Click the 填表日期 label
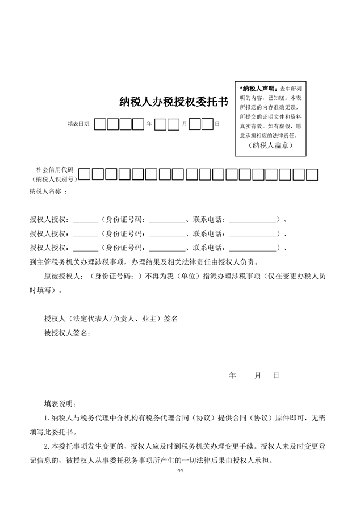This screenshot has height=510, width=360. coord(78,123)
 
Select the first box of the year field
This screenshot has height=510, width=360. coord(100,123)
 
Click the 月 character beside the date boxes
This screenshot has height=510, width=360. coord(184,123)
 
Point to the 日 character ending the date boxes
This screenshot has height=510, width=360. coord(217,123)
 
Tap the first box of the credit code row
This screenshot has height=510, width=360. coord(85,174)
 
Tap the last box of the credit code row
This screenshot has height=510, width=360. coord(311,174)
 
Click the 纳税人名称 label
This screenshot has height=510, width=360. coord(45,191)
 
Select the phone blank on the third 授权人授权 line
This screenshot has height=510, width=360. coord(250,248)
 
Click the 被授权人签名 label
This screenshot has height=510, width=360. coord(66,332)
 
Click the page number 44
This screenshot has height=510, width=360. coord(180,471)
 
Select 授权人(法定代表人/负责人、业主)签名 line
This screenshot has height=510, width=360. coord(111,319)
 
